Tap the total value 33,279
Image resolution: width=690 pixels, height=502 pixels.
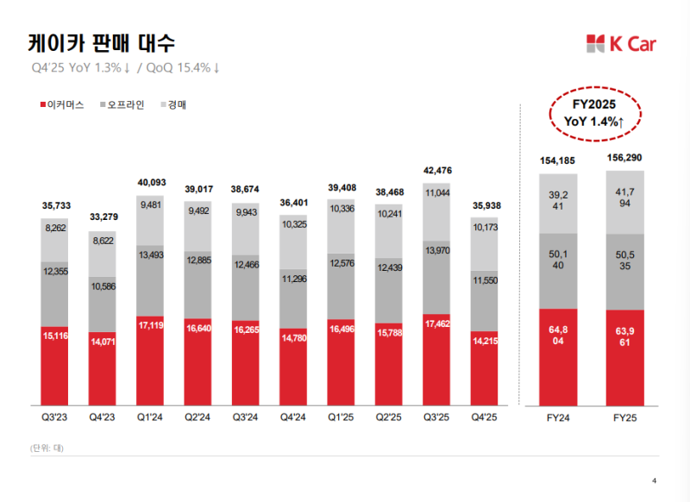point(103,217)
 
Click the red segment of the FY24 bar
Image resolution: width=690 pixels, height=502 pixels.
point(558,358)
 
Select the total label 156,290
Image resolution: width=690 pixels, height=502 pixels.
point(624,159)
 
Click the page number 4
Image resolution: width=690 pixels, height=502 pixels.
point(655,480)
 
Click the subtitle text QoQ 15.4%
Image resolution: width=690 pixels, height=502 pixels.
point(183,67)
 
